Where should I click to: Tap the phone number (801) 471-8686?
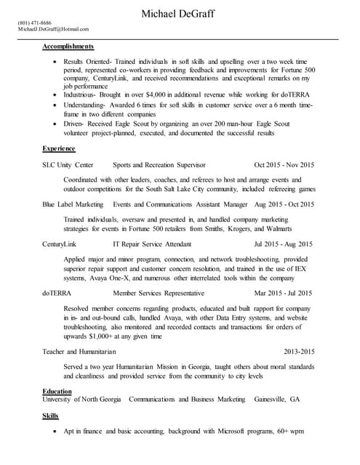coord(34,23)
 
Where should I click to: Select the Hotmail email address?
coord(53,29)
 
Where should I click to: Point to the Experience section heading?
coord(59,147)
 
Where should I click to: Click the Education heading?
coord(57,391)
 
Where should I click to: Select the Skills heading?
coord(50,416)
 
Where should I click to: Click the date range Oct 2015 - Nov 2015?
coord(284,165)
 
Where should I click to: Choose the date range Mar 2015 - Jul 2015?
coord(284,293)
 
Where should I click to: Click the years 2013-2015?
coord(298,351)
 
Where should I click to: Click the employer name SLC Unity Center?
coord(68,165)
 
